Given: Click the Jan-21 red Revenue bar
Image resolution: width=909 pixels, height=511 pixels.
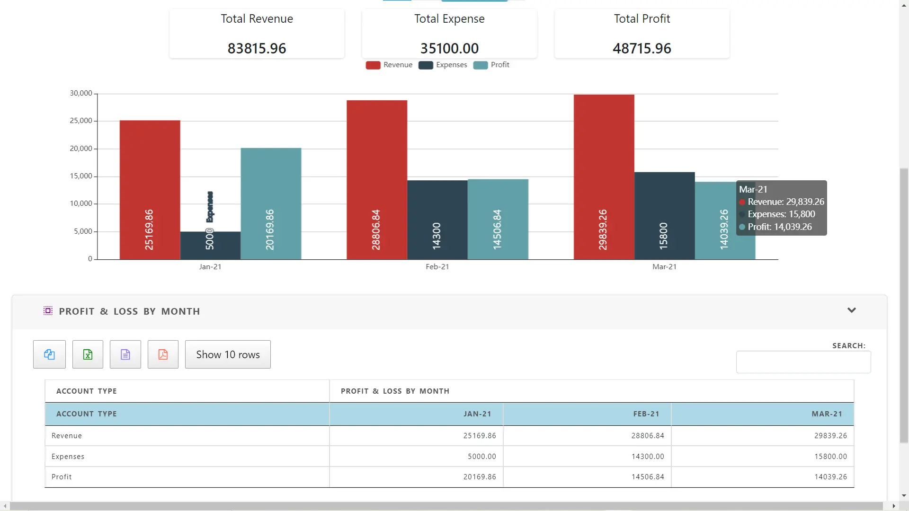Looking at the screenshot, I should point(150,189).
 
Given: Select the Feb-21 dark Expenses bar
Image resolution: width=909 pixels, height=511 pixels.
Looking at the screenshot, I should point(437,220).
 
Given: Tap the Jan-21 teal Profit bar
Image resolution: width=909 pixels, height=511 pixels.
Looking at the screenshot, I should point(271,203).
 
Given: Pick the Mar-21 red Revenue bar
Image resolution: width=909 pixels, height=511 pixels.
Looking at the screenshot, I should point(604,177).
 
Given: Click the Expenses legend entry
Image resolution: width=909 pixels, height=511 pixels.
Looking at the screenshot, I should point(443,65).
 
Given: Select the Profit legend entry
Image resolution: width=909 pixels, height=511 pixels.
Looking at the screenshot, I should point(492,65).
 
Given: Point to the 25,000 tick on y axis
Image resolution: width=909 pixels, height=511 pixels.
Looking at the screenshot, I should point(81,121).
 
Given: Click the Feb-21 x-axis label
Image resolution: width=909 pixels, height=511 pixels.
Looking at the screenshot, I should point(437,267).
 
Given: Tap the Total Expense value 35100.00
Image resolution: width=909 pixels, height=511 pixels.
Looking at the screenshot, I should point(449,48).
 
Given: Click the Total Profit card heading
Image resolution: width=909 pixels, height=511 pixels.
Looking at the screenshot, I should point(642,19).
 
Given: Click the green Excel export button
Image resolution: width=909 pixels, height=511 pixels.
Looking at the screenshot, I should point(88,354).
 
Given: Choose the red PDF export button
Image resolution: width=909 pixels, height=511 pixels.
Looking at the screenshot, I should point(163,354).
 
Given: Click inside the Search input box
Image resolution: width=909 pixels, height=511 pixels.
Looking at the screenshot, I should point(803,362).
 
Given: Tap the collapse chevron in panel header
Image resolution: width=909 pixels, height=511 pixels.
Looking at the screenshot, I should point(851,310).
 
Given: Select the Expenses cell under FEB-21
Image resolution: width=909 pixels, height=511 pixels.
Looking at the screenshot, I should point(647,457).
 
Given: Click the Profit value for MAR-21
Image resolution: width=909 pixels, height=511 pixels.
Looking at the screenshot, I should point(830,477).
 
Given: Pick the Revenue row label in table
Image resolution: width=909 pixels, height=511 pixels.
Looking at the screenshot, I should point(67,436).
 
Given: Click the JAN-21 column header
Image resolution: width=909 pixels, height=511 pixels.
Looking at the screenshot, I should point(477,414).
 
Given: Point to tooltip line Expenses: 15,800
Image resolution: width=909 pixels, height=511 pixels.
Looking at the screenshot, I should point(781,214).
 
